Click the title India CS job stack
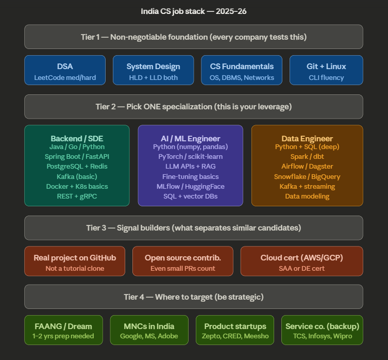(x=194, y=11)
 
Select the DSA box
(x=65, y=71)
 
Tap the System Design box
(x=154, y=71)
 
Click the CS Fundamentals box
(x=242, y=71)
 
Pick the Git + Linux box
(x=326, y=71)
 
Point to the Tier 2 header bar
(x=194, y=107)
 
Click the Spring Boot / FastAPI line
(x=77, y=157)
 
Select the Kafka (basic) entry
(x=77, y=176)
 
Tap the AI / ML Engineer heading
(x=190, y=138)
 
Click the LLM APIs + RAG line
(x=190, y=167)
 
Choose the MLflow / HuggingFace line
(x=190, y=186)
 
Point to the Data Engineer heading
(x=307, y=138)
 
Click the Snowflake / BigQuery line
(x=307, y=176)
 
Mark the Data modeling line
(x=307, y=196)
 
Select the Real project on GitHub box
(x=75, y=261)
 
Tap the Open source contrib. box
(x=183, y=261)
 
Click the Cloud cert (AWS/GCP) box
(x=301, y=261)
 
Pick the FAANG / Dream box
(x=63, y=331)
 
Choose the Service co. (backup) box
(x=322, y=331)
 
